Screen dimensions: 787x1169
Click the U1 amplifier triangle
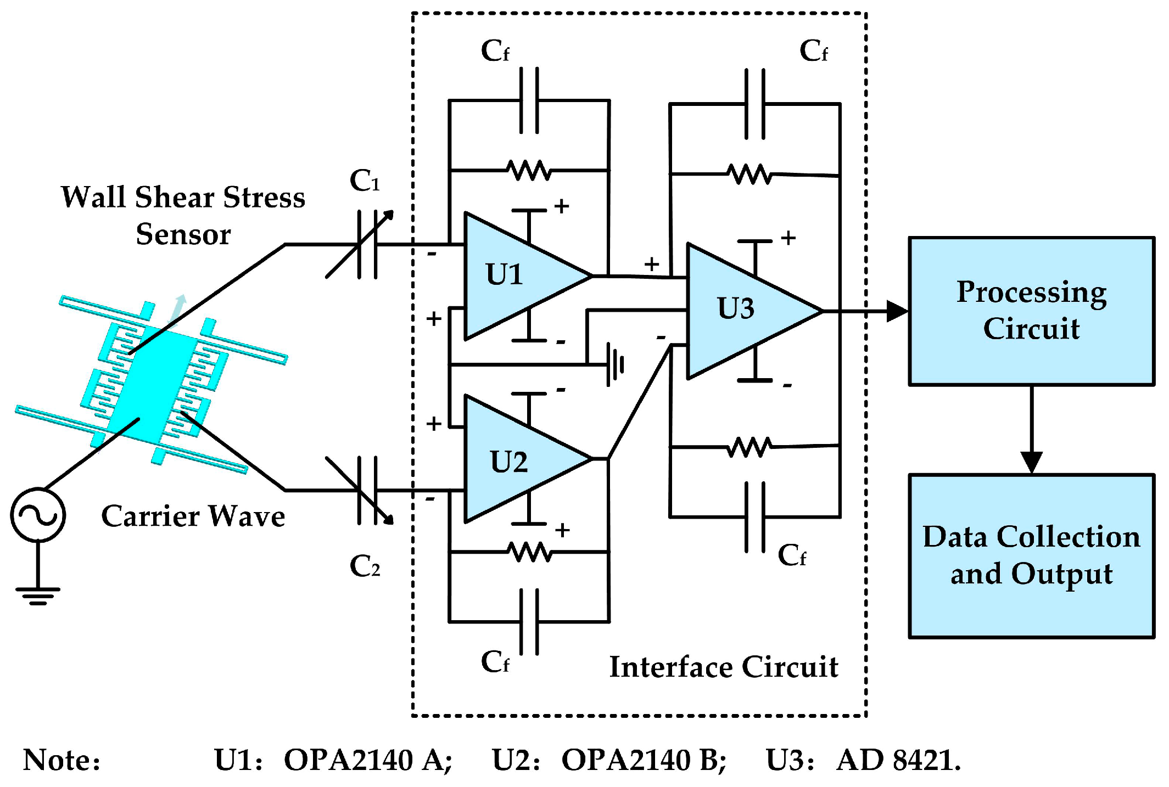[516, 276]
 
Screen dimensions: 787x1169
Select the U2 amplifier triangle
[516, 459]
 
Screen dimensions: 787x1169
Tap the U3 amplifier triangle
[741, 311]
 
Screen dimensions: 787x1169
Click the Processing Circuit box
[1031, 311]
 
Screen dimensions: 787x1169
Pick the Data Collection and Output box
[1031, 555]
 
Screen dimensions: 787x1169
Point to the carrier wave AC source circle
[38, 515]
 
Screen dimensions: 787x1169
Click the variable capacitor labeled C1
[367, 245]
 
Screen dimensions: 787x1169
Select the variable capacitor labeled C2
[367, 490]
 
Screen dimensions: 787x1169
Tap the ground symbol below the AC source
[38, 595]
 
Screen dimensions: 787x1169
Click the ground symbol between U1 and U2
[616, 364]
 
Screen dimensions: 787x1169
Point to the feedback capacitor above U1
[529, 100]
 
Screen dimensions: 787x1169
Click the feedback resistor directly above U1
[529, 170]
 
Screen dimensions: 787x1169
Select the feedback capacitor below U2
[529, 622]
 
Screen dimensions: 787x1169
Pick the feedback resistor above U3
[750, 175]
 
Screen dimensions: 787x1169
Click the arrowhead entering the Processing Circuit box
[897, 311]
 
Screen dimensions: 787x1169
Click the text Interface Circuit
[723, 667]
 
